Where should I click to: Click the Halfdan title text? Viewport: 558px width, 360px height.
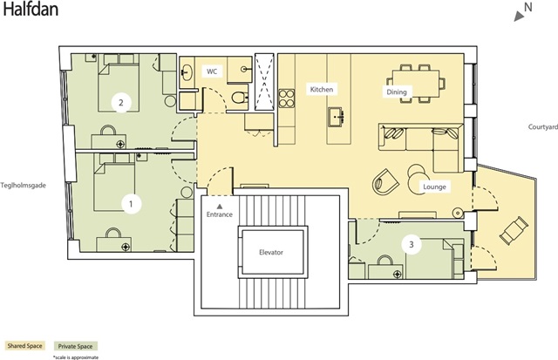click(x=31, y=9)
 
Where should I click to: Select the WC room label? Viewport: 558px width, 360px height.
click(x=212, y=71)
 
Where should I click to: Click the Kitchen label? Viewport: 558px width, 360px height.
click(x=322, y=89)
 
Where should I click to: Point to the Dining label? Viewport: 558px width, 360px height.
click(x=397, y=92)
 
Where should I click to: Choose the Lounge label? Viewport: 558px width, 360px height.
click(x=434, y=187)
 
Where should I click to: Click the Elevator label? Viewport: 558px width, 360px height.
click(x=271, y=253)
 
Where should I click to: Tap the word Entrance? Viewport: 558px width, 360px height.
click(x=220, y=214)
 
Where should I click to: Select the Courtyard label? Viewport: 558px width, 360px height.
click(x=542, y=127)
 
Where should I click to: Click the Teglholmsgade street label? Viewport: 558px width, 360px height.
click(x=24, y=186)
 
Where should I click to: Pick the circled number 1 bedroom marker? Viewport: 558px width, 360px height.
click(x=131, y=204)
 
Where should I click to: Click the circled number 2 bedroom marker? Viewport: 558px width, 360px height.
click(x=121, y=103)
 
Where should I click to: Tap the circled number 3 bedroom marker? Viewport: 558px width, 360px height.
click(x=412, y=245)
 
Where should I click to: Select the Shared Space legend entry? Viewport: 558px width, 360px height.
click(x=25, y=346)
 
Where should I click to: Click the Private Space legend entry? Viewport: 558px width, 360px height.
click(x=75, y=346)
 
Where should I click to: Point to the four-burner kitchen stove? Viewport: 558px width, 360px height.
click(x=287, y=98)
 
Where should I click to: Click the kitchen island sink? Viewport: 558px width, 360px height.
click(x=336, y=117)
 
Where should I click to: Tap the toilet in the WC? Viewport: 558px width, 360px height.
click(x=240, y=97)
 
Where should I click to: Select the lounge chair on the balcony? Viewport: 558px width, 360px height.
click(x=514, y=231)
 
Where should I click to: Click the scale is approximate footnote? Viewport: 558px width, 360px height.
click(x=76, y=357)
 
